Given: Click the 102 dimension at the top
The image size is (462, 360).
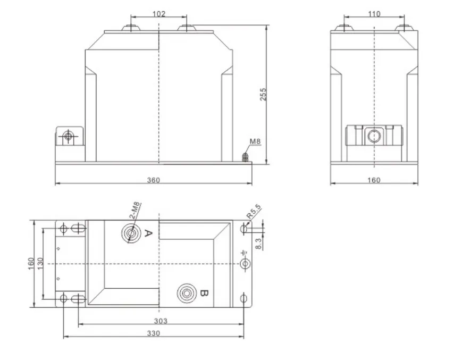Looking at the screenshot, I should point(158,14).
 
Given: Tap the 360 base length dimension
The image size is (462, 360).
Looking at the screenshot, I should point(153,180).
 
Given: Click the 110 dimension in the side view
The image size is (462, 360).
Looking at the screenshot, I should point(374,14).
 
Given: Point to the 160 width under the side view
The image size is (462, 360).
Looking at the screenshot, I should point(374,180).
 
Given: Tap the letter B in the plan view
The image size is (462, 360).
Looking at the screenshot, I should point(205,292).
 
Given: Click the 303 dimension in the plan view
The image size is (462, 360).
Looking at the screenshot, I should point(161,321).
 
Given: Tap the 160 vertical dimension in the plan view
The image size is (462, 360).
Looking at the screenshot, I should point(31,263).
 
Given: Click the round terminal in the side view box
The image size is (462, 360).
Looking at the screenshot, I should point(374,137).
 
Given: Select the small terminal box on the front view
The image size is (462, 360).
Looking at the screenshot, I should point(69,138).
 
